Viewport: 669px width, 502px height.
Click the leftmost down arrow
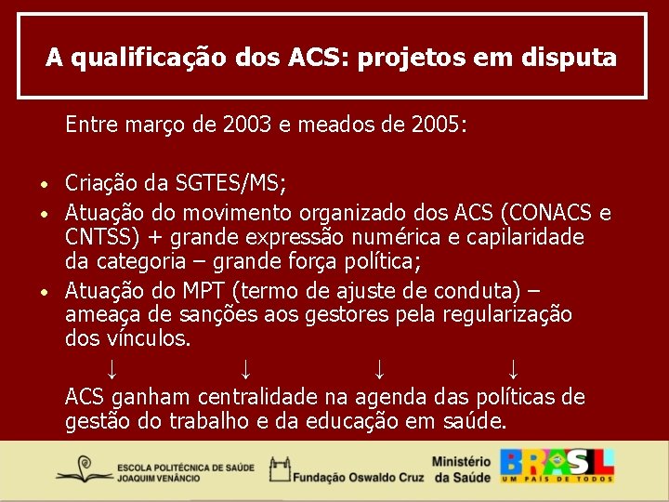(111, 369)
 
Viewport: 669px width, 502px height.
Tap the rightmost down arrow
(514, 369)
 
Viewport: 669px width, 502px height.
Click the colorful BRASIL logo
(557, 465)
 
